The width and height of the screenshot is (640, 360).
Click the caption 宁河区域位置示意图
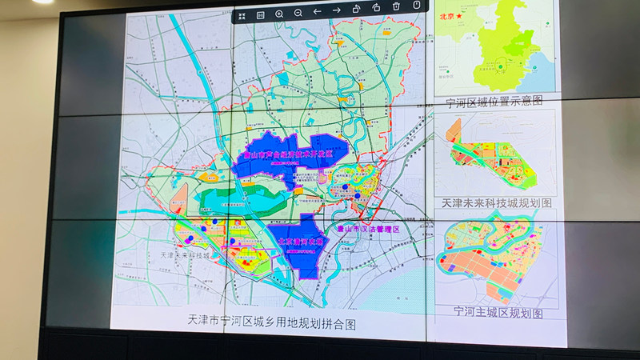[494, 101]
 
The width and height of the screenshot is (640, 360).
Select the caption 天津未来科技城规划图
[496, 204]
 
